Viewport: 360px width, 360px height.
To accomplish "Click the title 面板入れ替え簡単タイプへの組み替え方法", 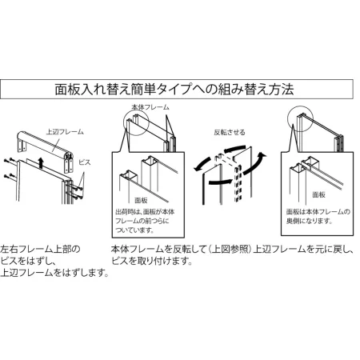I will coord(179,87).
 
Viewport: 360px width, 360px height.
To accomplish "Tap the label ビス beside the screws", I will coord(86,162).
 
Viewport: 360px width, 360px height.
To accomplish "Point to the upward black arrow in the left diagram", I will coord(41,164).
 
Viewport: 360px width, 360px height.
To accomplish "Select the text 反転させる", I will coord(229,132).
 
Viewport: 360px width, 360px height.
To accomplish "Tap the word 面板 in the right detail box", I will coord(318,194).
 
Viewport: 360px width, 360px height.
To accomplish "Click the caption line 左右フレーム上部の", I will coord(40,249).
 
